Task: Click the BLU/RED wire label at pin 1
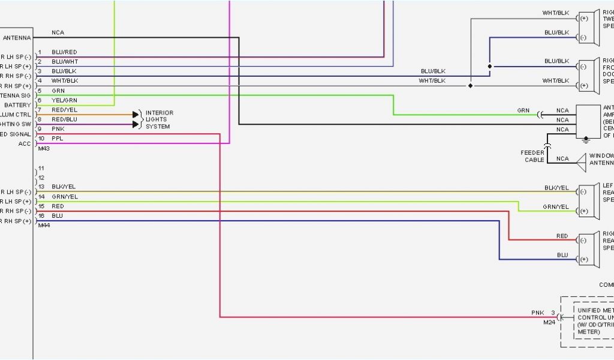[64, 52]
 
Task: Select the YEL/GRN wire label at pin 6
[64, 100]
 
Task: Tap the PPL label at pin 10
[58, 139]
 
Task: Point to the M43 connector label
[43, 148]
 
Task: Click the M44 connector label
[44, 226]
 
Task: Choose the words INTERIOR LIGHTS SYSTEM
[158, 119]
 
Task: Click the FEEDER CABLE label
[532, 156]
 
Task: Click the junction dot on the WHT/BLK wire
[470, 86]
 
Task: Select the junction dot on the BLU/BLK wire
[490, 67]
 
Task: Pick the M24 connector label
[549, 322]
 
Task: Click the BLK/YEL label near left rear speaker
[556, 188]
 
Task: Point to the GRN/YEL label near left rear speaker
[556, 207]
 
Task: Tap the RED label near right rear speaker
[562, 236]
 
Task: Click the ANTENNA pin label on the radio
[17, 38]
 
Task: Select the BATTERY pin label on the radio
[17, 105]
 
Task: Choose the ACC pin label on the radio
[25, 143]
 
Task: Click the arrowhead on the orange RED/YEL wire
[136, 115]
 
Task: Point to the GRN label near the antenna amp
[523, 110]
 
